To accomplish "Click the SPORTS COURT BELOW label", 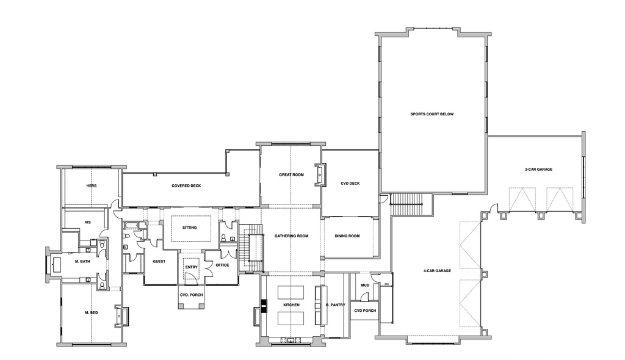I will [432, 114].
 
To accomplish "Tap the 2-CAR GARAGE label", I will [538, 169].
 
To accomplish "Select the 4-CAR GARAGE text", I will [437, 270].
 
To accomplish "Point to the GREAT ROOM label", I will [291, 175].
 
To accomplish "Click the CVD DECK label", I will [350, 183].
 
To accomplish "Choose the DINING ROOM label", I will [347, 236].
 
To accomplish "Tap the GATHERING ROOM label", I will [291, 236].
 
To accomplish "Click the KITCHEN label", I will [291, 304].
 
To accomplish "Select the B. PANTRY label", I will [336, 304].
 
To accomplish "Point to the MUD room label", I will [365, 284].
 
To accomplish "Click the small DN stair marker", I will [386, 284].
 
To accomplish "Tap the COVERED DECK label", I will [186, 186].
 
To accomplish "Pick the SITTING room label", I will [190, 228].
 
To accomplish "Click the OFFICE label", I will [222, 265].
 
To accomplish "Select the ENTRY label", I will [191, 267].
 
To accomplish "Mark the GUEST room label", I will [159, 261].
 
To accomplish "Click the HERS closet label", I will [92, 186].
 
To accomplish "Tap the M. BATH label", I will [83, 261].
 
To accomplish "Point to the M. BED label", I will [92, 312].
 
